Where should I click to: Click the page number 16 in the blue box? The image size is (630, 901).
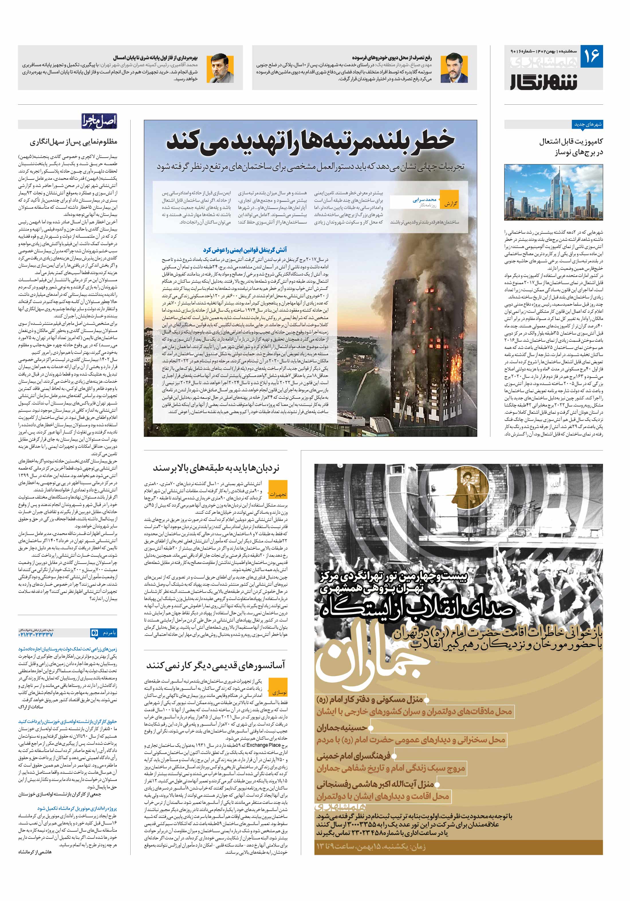point(591,56)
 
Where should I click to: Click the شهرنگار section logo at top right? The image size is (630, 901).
point(543,81)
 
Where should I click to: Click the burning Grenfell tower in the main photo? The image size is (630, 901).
point(416,337)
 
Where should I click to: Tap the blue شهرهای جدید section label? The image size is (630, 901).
point(588,124)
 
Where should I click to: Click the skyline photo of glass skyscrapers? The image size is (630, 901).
point(553,192)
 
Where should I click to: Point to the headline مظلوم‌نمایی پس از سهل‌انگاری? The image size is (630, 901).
point(73,142)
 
